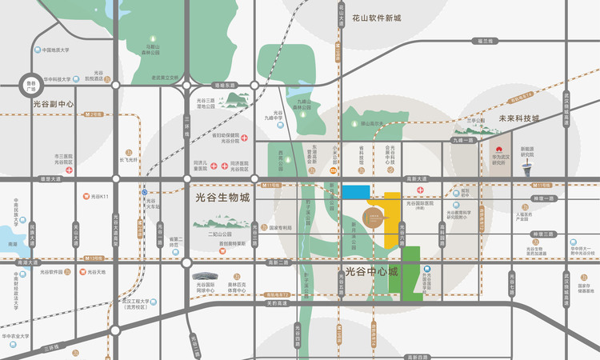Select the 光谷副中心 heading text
pos(54,104)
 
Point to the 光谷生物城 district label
pos(222,196)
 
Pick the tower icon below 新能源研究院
pos(527,170)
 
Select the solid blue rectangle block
pos(356,191)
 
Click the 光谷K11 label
pos(99,195)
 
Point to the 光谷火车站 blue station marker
pos(145,192)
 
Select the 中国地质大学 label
pos(58,49)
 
